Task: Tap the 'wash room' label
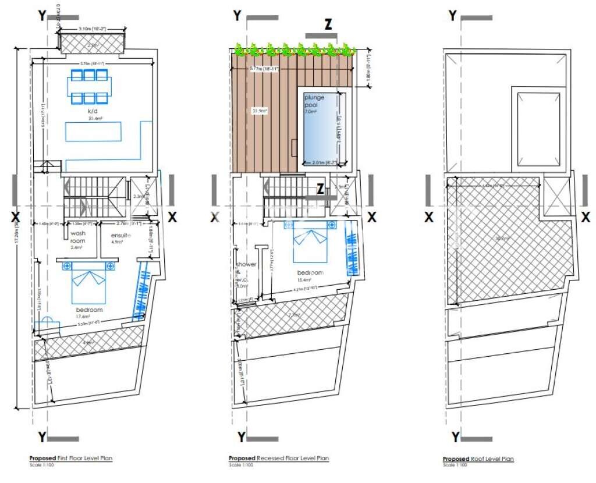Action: click(77, 237)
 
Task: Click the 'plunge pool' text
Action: click(314, 101)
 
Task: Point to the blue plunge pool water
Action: click(319, 137)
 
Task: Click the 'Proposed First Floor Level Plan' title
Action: click(71, 459)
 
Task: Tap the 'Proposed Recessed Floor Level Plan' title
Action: click(278, 459)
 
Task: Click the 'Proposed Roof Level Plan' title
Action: click(478, 459)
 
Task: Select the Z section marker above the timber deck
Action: click(328, 26)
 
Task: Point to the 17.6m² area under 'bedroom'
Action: click(89, 317)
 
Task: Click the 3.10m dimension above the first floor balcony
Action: click(93, 29)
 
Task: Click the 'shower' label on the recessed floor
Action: click(246, 264)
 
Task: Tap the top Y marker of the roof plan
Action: click(453, 16)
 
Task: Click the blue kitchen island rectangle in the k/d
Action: click(93, 131)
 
